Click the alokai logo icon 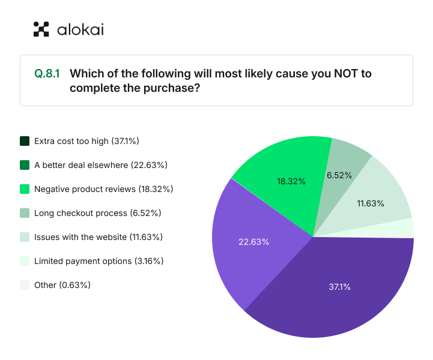41,29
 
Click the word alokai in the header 80,29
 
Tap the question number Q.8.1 47,74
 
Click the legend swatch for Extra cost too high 25,141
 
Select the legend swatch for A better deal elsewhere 25,165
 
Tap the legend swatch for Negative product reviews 25,189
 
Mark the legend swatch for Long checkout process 25,213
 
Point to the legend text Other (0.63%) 62,285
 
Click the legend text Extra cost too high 87,141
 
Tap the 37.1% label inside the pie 339,287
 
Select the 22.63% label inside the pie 254,242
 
